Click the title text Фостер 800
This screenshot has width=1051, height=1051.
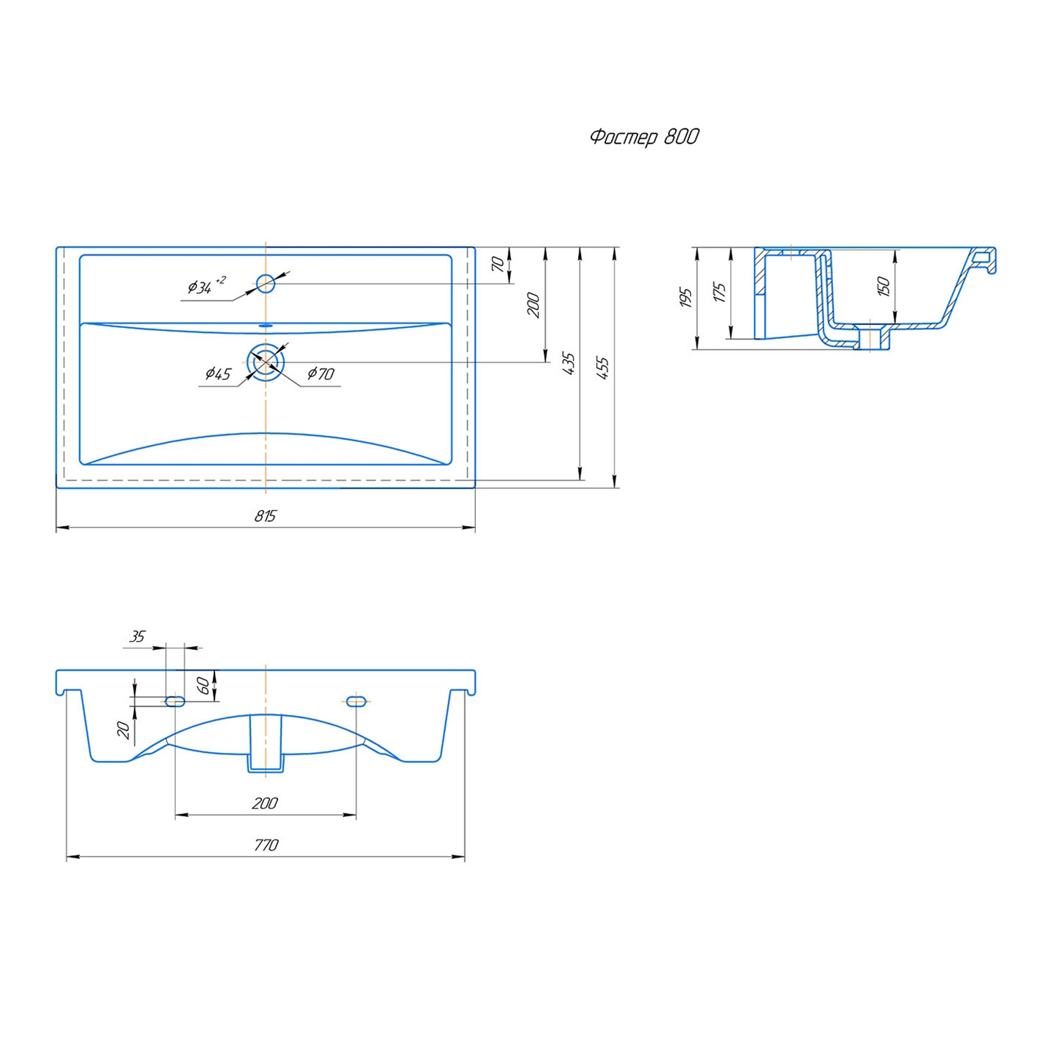(644, 137)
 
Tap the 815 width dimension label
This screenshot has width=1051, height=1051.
(266, 516)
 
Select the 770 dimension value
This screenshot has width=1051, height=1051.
(266, 845)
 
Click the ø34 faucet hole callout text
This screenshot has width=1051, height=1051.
(206, 285)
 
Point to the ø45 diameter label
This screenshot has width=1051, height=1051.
(218, 373)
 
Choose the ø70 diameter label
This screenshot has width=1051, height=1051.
(321, 373)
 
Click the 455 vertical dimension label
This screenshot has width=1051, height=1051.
(603, 368)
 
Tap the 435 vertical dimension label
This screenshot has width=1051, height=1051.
(568, 363)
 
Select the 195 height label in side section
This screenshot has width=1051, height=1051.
(686, 297)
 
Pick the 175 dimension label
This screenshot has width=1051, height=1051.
(720, 292)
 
